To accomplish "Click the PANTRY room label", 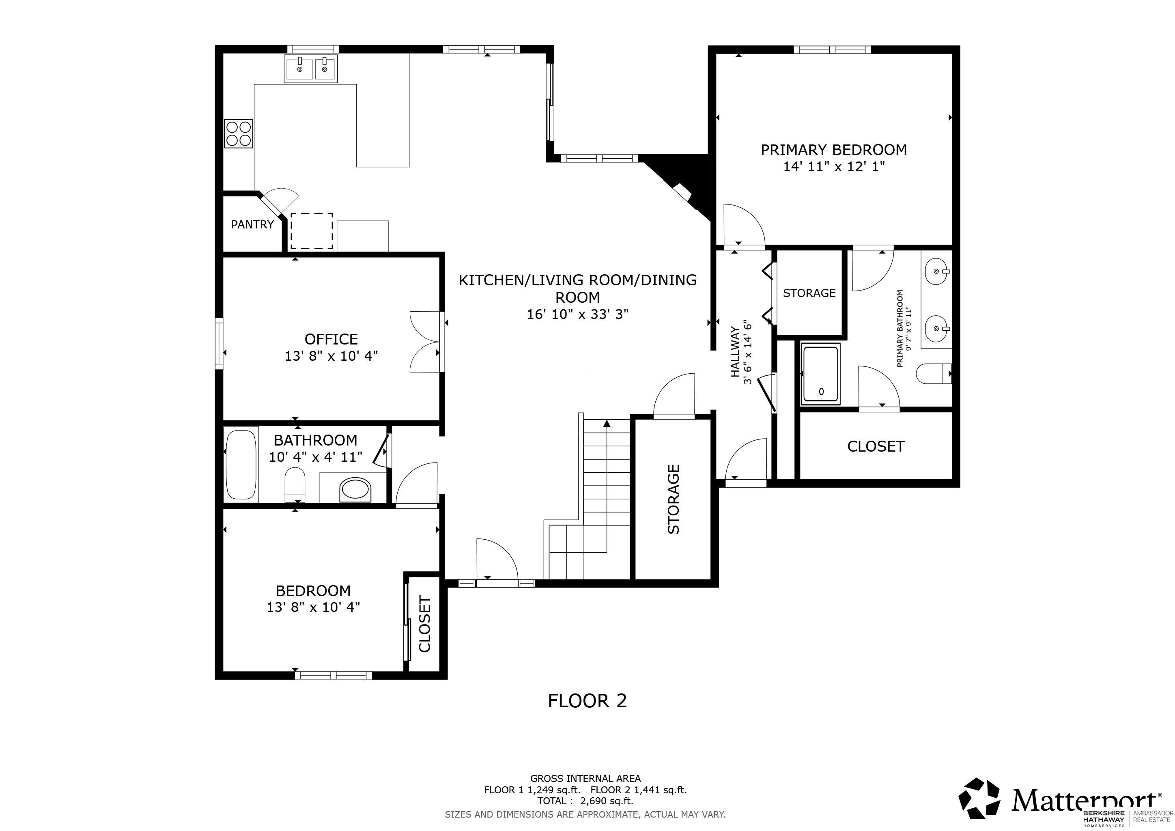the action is click(252, 224).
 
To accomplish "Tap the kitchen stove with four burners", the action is click(239, 133).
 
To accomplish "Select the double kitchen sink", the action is click(311, 69).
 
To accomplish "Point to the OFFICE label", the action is click(331, 339).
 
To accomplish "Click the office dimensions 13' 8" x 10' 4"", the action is click(331, 355).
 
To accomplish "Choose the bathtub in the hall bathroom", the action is click(241, 465).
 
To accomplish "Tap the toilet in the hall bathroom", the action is click(295, 484).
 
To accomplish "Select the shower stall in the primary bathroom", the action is click(821, 374).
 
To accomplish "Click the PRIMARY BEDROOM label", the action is click(834, 150).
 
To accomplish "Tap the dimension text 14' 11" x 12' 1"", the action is click(834, 167).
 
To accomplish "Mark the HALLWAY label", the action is click(735, 352).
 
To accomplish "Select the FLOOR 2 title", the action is click(587, 700).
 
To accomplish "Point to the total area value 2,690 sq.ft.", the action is click(607, 801).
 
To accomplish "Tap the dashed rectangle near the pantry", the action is click(312, 231).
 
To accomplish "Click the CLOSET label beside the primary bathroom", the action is click(876, 447).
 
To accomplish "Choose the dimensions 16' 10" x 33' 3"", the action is click(578, 314).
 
